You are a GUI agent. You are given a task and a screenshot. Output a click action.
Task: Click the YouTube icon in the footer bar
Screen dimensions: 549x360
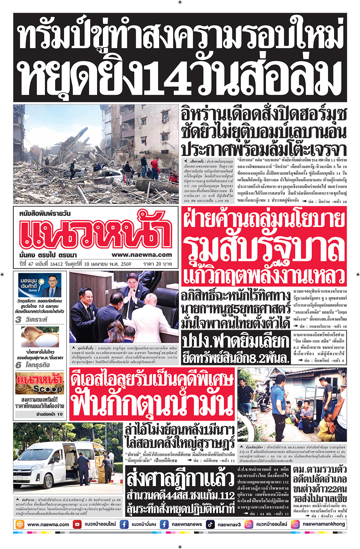click(x=77, y=524)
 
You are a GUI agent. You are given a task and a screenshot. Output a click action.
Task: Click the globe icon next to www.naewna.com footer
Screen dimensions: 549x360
click(x=20, y=524)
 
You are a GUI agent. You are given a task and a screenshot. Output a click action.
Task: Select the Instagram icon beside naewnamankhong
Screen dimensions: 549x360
click(x=295, y=524)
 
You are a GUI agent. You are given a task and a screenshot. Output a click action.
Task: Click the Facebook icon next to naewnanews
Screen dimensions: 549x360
click(x=164, y=524)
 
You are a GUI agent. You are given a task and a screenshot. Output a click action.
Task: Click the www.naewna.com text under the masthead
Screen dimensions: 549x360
click(x=141, y=255)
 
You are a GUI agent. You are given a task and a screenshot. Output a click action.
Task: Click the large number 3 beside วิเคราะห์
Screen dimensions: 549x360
click(x=19, y=319)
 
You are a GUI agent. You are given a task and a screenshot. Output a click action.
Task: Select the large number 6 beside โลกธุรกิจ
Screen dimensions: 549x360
click(x=19, y=365)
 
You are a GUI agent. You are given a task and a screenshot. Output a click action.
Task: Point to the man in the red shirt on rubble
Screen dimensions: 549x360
click(x=155, y=166)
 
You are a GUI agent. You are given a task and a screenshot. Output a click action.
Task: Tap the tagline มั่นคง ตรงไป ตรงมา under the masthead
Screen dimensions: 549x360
click(x=48, y=255)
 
